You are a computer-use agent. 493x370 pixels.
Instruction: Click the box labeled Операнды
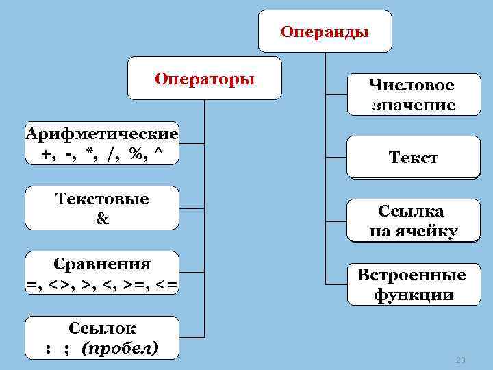click(325, 32)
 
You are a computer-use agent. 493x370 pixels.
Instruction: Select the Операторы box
click(205, 78)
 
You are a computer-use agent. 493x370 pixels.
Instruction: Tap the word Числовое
click(412, 86)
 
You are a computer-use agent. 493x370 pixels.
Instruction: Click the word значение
click(413, 105)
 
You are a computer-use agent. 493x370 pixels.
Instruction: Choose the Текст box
click(413, 158)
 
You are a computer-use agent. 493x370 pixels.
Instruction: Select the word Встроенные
click(412, 275)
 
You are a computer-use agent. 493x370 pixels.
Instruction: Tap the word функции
click(413, 295)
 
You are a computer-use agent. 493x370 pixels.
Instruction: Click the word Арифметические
click(101, 133)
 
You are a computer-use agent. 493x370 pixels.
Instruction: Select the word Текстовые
click(102, 199)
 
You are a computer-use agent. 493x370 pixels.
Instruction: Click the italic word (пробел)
click(119, 348)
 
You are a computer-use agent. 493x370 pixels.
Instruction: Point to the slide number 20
click(460, 360)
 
